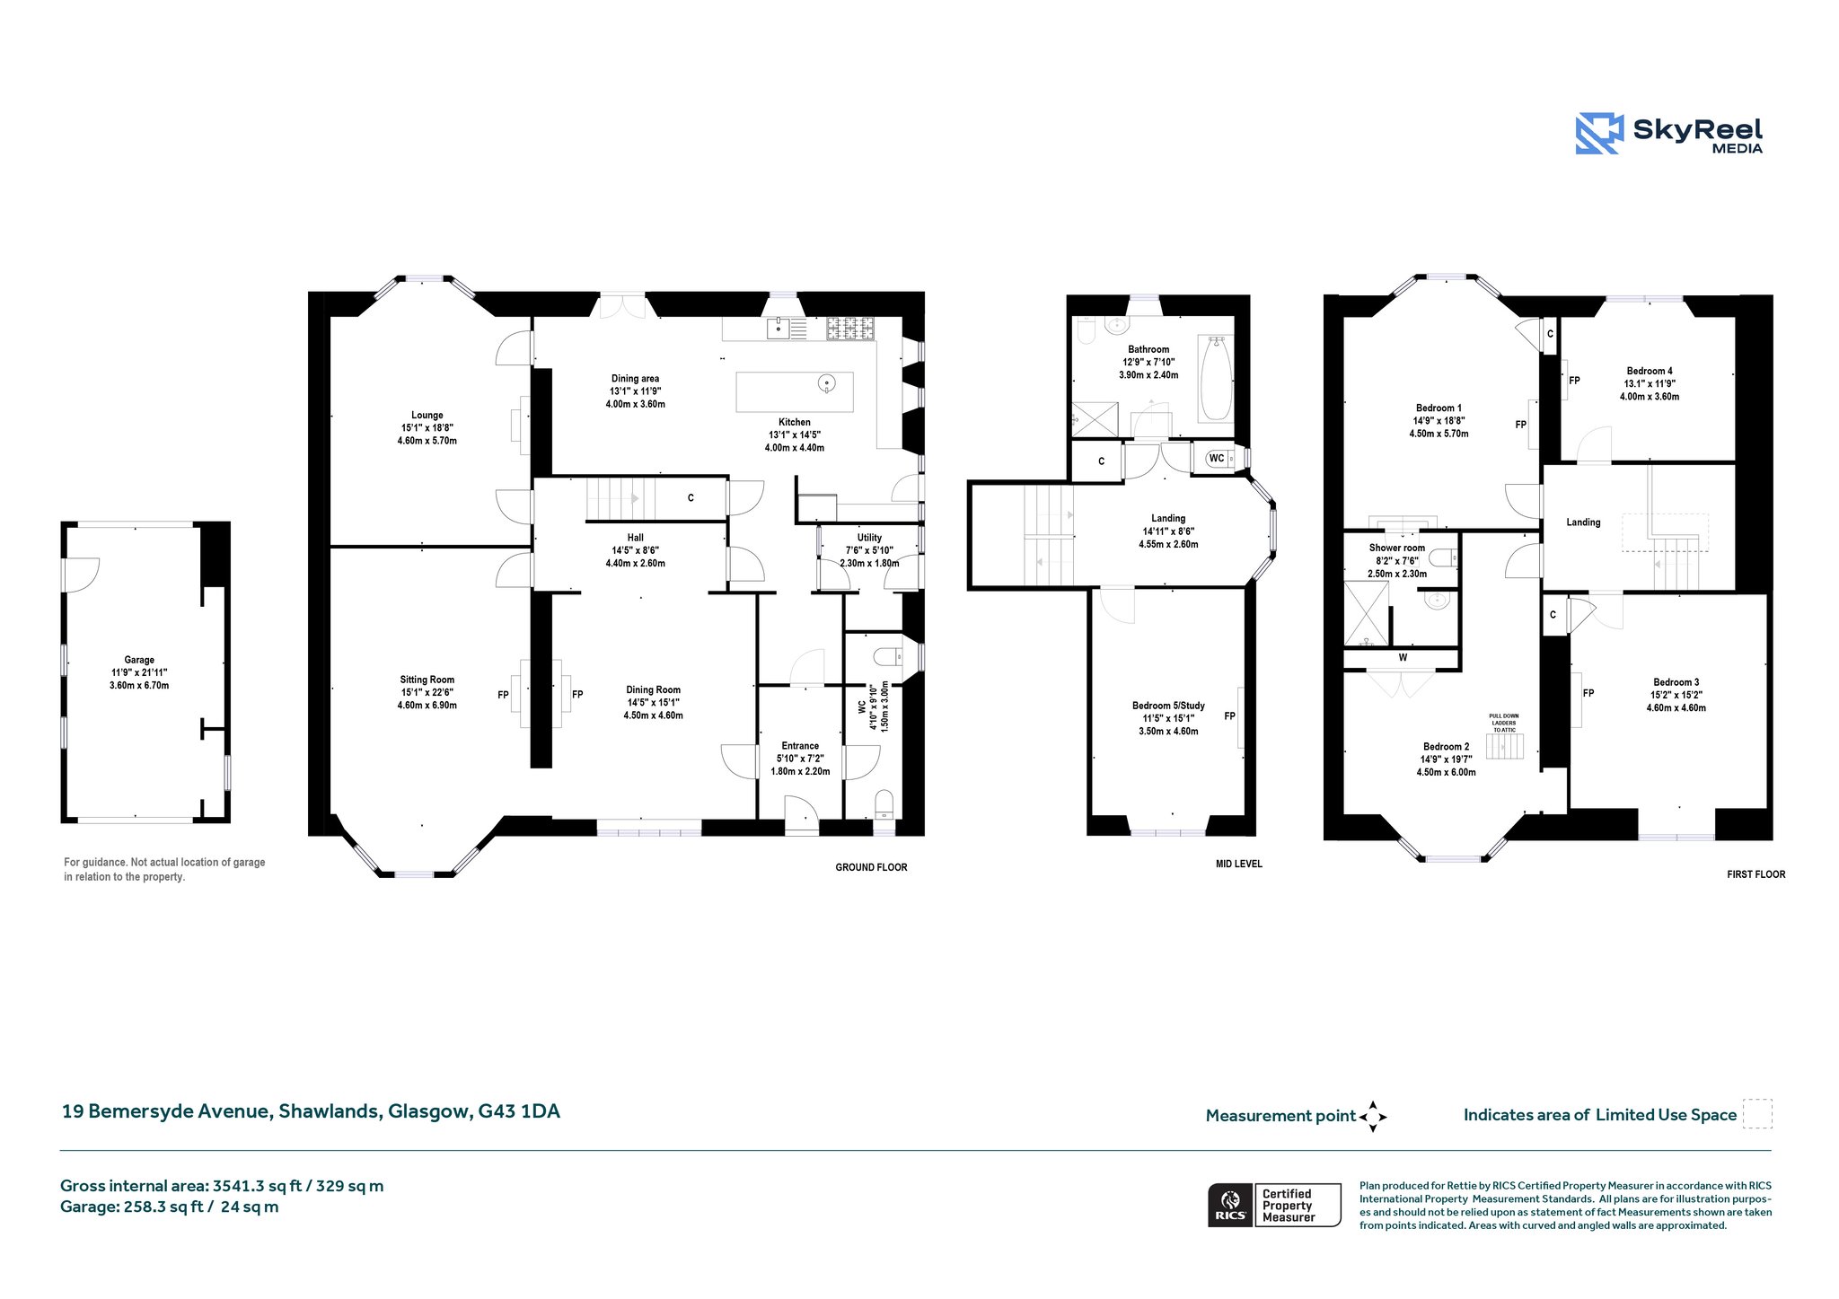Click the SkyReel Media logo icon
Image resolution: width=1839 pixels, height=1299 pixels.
pyautogui.click(x=1599, y=134)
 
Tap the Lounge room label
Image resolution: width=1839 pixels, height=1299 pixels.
pyautogui.click(x=427, y=416)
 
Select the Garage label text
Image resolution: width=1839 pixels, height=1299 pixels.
pyautogui.click(x=139, y=660)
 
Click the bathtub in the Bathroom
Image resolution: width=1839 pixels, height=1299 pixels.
pyautogui.click(x=1217, y=378)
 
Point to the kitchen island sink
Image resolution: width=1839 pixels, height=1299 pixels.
pyautogui.click(x=827, y=384)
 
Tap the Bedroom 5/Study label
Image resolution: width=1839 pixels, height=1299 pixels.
pyautogui.click(x=1168, y=706)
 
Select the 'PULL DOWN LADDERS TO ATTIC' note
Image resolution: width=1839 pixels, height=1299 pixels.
pyautogui.click(x=1504, y=723)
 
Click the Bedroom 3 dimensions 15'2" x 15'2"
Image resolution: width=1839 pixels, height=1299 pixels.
pyautogui.click(x=1676, y=695)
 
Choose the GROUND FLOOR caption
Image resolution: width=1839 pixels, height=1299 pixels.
pyautogui.click(x=871, y=867)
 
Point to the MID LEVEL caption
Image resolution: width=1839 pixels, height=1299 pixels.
pyautogui.click(x=1239, y=864)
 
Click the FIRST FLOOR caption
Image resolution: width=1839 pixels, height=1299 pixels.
pyautogui.click(x=1756, y=874)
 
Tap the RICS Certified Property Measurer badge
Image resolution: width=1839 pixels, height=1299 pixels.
pyautogui.click(x=1274, y=1205)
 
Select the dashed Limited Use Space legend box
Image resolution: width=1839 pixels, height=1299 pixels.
pyautogui.click(x=1757, y=1114)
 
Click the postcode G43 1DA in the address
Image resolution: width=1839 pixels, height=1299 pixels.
pyautogui.click(x=519, y=1111)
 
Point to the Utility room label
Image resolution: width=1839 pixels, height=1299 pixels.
pyautogui.click(x=869, y=538)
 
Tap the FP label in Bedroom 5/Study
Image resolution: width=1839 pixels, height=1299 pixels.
pyautogui.click(x=1229, y=716)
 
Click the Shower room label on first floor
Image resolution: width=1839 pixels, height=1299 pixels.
pyautogui.click(x=1397, y=548)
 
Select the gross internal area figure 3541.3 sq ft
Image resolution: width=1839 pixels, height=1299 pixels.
pyautogui.click(x=257, y=1186)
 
